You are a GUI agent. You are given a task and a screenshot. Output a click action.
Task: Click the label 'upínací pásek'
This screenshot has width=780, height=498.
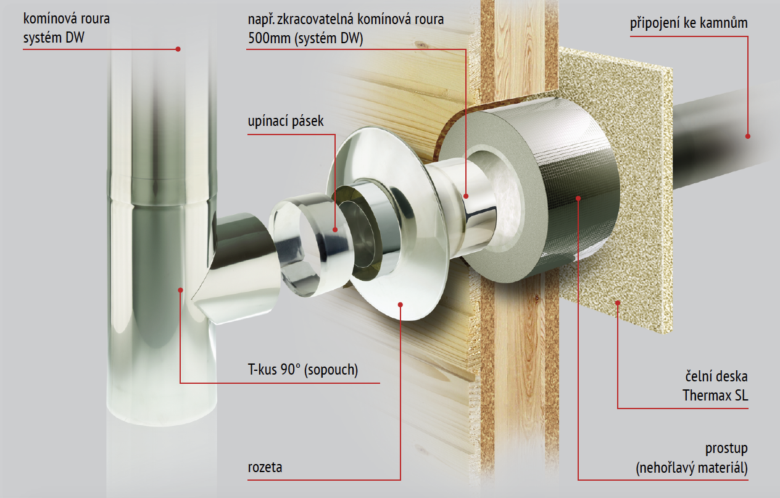click(286, 121)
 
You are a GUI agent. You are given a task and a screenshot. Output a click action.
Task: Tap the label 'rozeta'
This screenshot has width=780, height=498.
click(265, 467)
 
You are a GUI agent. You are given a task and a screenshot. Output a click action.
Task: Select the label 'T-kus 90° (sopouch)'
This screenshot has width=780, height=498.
click(303, 370)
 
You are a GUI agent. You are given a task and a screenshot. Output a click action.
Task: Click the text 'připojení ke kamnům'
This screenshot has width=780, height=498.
click(689, 23)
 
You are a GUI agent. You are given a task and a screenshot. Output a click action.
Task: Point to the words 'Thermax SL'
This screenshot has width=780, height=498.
click(715, 396)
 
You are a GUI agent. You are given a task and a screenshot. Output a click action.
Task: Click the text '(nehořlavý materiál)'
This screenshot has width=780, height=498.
click(692, 468)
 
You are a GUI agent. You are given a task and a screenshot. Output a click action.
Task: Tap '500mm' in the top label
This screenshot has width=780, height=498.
click(269, 38)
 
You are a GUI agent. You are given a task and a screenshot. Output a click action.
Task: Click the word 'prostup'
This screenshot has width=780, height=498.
click(726, 449)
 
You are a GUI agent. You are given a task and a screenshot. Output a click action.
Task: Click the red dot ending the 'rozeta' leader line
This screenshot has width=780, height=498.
click(400, 305)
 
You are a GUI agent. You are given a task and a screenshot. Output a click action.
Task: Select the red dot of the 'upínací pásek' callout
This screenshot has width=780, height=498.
click(335, 230)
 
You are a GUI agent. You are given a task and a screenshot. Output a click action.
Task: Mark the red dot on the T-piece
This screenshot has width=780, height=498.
click(180, 290)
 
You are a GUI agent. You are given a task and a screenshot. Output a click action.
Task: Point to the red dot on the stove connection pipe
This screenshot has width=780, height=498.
click(748, 136)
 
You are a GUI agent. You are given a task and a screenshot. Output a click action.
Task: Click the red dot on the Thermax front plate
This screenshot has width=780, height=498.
click(618, 303)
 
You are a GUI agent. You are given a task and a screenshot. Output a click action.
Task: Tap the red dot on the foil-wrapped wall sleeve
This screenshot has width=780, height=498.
click(578, 198)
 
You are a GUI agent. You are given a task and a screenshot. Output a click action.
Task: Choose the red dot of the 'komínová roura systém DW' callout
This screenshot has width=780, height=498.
click(178, 49)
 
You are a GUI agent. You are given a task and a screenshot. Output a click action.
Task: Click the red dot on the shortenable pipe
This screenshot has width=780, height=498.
click(466, 196)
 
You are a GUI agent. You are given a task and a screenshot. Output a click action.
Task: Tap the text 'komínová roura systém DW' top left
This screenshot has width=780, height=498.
click(66, 28)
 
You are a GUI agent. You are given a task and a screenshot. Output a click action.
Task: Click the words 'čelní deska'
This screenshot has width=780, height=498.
click(716, 377)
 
